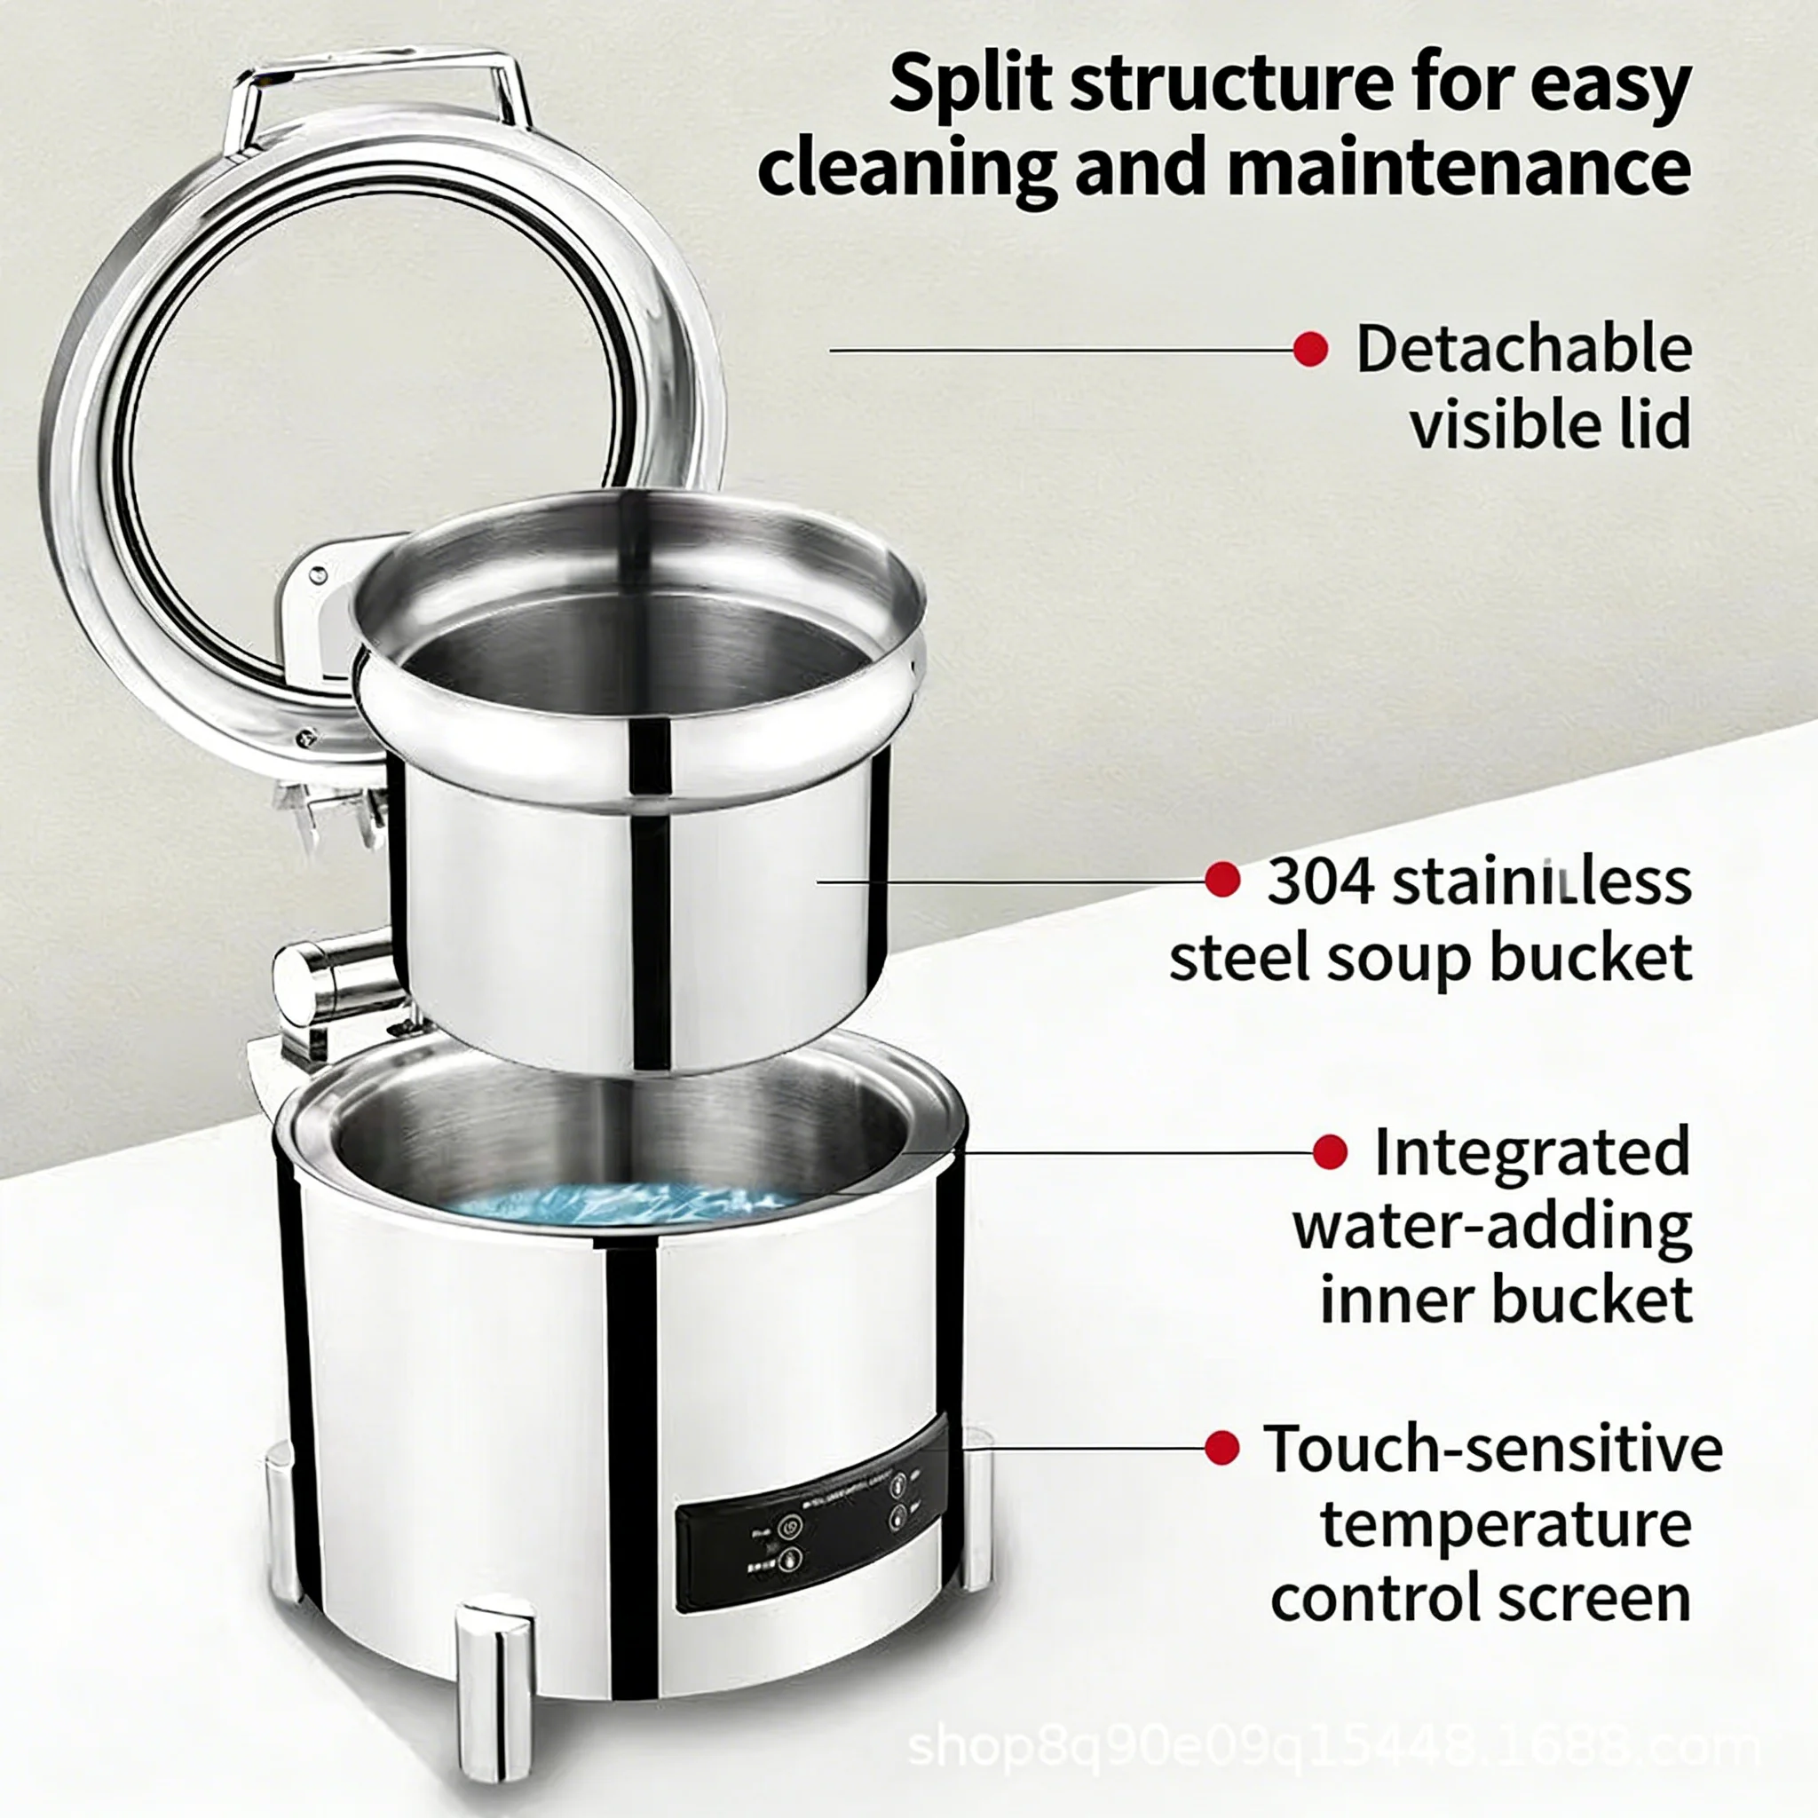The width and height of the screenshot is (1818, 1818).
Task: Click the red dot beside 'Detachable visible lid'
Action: [1310, 350]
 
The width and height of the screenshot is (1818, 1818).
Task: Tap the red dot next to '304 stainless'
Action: [1222, 880]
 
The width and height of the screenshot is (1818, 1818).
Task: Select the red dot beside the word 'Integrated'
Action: [1330, 1151]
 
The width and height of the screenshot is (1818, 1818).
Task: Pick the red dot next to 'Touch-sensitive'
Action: [1221, 1447]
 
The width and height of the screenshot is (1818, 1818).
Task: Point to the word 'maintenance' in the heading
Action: [1458, 168]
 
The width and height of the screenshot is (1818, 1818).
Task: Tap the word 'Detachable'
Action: [1523, 349]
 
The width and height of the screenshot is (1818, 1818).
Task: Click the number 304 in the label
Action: [1319, 881]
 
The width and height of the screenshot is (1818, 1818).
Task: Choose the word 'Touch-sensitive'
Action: [1492, 1448]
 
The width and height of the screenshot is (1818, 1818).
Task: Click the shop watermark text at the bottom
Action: [1332, 1749]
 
